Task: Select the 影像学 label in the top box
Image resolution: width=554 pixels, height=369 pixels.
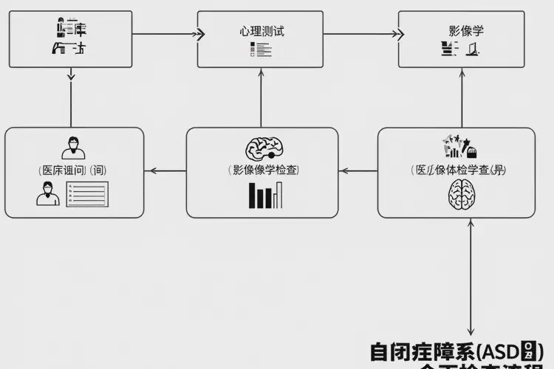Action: tap(462, 32)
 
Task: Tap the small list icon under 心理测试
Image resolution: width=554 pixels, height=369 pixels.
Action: tap(261, 50)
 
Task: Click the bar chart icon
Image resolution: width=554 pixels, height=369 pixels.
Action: tap(265, 195)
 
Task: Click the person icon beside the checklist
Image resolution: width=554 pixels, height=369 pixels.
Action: tap(47, 194)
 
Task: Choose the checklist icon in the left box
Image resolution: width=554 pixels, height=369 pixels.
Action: tap(87, 194)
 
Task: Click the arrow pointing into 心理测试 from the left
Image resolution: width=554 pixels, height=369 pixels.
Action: tap(197, 33)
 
